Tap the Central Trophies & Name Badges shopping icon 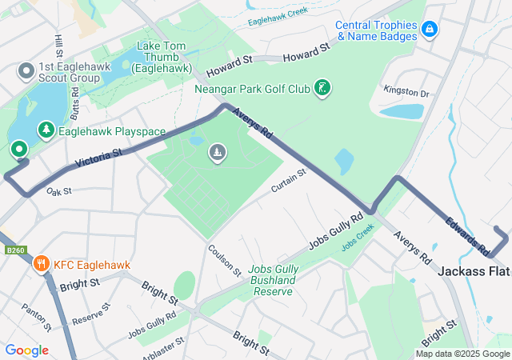(x=430, y=29)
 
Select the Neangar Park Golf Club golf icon (x=322, y=87)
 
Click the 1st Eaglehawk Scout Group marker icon (x=26, y=72)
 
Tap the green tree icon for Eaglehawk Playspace (x=46, y=130)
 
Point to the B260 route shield (x=12, y=250)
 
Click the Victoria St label (x=98, y=158)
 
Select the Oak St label (x=59, y=191)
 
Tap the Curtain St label (x=288, y=181)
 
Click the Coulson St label (x=225, y=259)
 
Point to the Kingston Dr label (x=406, y=93)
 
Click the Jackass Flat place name (x=474, y=272)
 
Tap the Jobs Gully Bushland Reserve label (x=273, y=280)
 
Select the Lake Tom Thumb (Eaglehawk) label (x=164, y=57)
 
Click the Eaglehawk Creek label (x=278, y=13)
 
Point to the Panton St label (x=36, y=318)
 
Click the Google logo (x=26, y=350)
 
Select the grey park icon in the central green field (x=217, y=152)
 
